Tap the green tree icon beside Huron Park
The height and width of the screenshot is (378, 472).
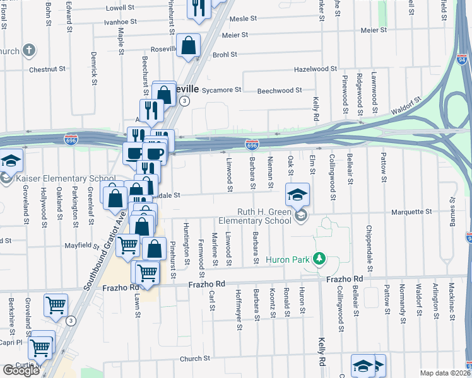[320, 258]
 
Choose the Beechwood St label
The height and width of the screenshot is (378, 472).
[280, 91]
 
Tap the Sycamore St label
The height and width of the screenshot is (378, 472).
[222, 90]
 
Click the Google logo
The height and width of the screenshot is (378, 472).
[21, 370]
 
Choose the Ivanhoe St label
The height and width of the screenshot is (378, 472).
[121, 21]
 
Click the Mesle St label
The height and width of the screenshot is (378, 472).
[243, 19]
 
